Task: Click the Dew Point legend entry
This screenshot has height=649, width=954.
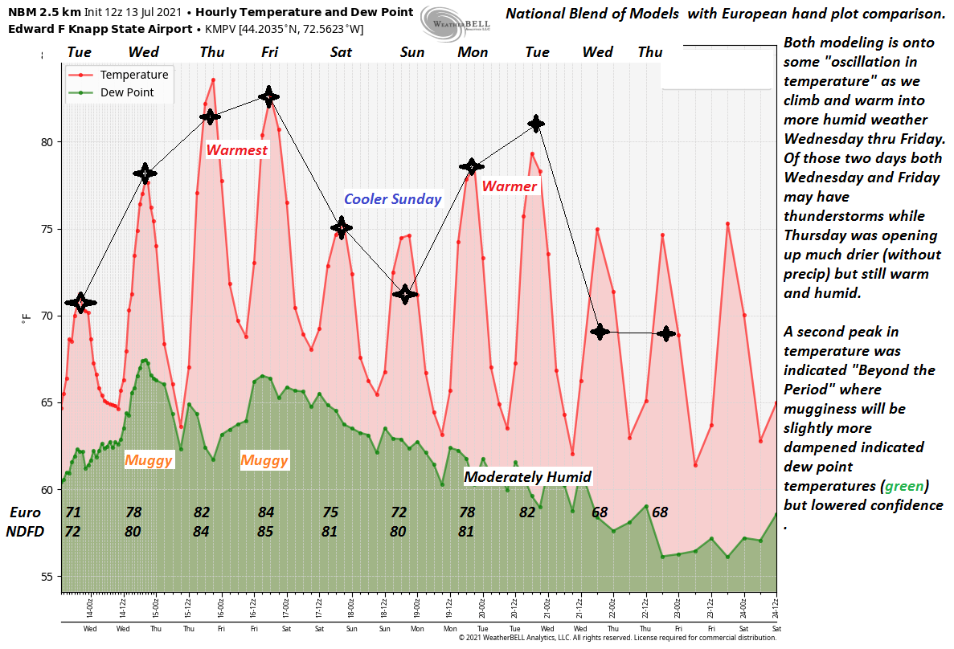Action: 126,92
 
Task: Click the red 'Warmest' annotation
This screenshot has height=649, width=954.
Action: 236,150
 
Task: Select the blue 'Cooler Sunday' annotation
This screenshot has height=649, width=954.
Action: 393,199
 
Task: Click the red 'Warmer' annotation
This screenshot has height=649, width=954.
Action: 510,186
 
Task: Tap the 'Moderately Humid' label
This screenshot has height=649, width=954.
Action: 528,477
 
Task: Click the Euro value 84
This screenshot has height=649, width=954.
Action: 266,512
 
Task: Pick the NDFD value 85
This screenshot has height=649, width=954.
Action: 266,531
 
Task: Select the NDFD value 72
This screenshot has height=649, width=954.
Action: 72,531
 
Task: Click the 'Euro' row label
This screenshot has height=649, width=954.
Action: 24,512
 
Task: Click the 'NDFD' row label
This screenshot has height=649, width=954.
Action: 25,531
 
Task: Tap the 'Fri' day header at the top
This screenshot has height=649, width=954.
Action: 270,52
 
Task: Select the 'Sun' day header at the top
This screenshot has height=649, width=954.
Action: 412,52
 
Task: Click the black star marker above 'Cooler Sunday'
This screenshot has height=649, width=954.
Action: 342,228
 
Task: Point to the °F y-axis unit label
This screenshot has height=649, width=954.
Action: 27,316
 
